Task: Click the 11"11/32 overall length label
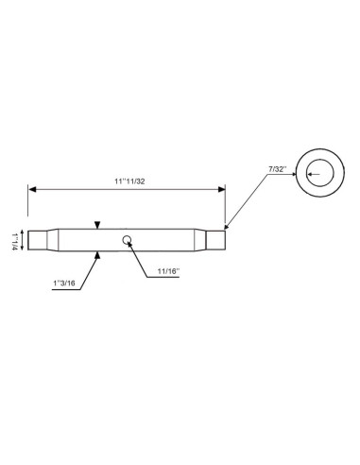point(126,181)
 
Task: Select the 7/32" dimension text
point(277,167)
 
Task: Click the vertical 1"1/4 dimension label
point(12,240)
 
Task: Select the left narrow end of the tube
point(37,241)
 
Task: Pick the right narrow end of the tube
point(216,241)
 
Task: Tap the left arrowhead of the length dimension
point(31,190)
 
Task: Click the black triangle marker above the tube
point(98,224)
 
